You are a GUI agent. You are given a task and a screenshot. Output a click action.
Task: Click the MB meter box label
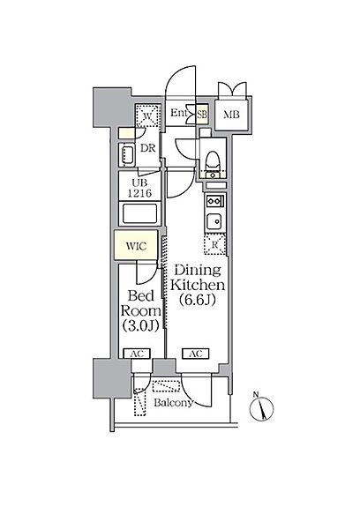(x=231, y=115)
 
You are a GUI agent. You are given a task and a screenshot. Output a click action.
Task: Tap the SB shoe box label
(x=202, y=114)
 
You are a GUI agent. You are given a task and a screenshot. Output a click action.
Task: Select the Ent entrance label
(x=178, y=113)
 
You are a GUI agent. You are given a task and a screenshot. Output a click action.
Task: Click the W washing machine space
(x=147, y=115)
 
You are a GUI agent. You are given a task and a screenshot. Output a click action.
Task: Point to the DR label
(x=148, y=148)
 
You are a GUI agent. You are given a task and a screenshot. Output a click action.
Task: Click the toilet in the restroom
(x=213, y=161)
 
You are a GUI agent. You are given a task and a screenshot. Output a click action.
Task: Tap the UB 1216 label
(x=139, y=189)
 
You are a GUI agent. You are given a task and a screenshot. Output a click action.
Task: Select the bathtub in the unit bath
(x=139, y=213)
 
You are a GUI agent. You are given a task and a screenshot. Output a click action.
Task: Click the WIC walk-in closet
(x=136, y=245)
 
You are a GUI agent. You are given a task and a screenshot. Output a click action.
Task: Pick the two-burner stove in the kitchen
(x=215, y=201)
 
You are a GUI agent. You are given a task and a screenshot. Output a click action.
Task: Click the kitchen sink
(x=214, y=221)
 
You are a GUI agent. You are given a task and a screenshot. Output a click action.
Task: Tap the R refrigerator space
(x=214, y=244)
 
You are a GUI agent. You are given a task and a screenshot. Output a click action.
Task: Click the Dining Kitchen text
(x=198, y=278)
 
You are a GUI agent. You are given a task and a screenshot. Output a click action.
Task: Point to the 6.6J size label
(x=198, y=299)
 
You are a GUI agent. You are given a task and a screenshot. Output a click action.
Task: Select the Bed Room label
(x=141, y=303)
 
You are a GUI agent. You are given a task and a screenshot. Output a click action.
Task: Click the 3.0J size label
(x=140, y=325)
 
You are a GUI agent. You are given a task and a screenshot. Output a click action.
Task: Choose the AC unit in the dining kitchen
(x=196, y=354)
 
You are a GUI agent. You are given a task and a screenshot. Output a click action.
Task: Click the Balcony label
(x=174, y=403)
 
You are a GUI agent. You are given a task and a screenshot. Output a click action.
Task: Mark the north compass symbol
(x=261, y=408)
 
